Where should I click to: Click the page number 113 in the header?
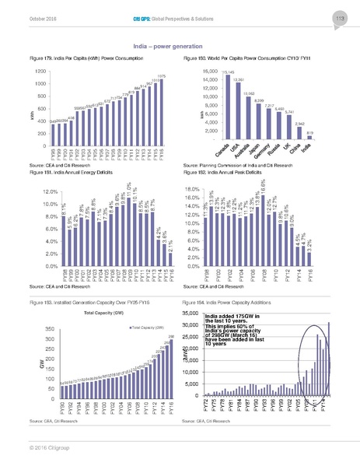point(340,18)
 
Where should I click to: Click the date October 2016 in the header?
point(25,18)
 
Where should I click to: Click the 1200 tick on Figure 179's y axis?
point(18,72)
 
